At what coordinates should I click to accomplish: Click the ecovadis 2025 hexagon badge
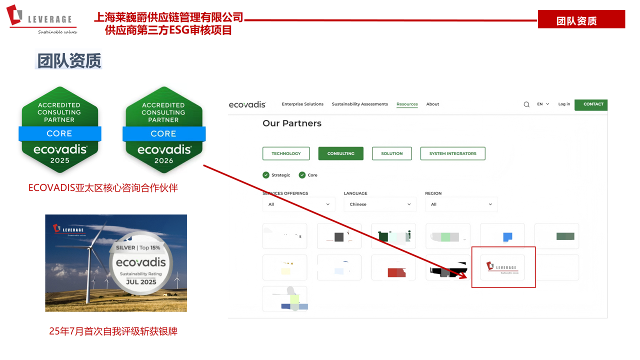point(60,130)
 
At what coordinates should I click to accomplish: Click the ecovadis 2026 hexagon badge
point(163,130)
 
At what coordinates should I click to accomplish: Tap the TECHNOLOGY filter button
point(286,153)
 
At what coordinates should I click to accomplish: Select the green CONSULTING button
point(340,153)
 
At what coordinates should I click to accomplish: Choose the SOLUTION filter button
point(391,153)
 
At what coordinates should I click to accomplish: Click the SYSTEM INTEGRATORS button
point(452,153)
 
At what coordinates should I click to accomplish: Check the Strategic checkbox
point(266,175)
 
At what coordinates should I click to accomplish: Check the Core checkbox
point(302,175)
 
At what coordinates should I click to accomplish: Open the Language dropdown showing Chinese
point(380,204)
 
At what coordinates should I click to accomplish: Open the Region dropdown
point(461,204)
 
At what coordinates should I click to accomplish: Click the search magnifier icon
point(526,104)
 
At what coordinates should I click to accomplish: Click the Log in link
point(564,104)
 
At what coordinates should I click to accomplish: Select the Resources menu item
point(407,104)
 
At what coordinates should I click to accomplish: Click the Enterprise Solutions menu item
point(302,104)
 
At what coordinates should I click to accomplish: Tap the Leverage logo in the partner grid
point(502,267)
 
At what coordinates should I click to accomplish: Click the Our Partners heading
point(292,123)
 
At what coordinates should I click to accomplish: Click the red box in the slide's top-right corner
point(581,19)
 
